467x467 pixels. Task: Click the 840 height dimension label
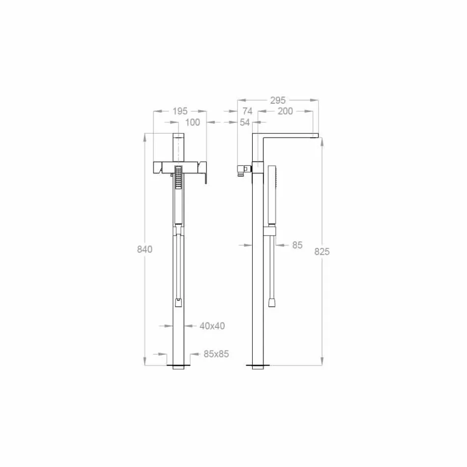click(145, 249)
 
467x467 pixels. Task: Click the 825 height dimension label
click(322, 251)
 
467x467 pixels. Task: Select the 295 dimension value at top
click(278, 100)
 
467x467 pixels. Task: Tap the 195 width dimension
click(180, 111)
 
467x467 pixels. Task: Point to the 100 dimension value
click(192, 122)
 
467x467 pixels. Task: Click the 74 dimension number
click(247, 111)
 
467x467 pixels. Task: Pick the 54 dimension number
click(245, 122)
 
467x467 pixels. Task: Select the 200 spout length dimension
click(285, 111)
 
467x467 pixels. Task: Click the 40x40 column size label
click(212, 325)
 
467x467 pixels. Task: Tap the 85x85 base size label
click(216, 353)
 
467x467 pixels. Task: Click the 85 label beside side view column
click(297, 244)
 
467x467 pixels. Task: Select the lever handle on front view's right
click(204, 173)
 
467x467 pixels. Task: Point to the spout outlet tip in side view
click(316, 136)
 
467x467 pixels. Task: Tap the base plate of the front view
click(178, 367)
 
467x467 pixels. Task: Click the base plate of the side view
click(258, 366)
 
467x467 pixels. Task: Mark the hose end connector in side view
click(272, 303)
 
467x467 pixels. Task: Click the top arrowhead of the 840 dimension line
click(145, 138)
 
